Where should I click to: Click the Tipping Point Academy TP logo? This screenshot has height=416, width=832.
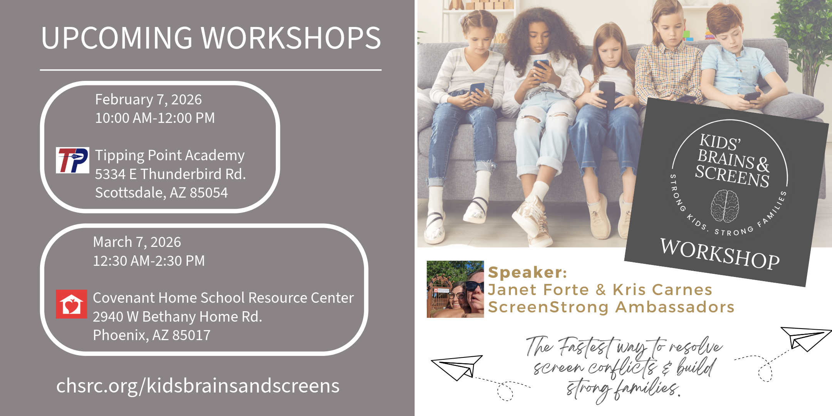[x=72, y=160]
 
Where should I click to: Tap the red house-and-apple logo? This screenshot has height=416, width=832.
[x=71, y=304]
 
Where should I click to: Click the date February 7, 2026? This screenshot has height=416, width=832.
[x=148, y=100]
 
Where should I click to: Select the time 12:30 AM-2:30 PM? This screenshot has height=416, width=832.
[x=149, y=261]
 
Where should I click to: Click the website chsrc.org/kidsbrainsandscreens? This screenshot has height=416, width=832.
[x=198, y=386]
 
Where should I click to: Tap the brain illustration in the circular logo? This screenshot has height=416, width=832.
[x=725, y=206]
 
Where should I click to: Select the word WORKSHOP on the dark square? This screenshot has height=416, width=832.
[x=720, y=253]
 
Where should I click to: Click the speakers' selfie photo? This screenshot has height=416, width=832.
[x=455, y=289]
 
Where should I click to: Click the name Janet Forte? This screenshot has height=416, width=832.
[x=538, y=290]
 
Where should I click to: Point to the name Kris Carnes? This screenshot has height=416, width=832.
[x=663, y=290]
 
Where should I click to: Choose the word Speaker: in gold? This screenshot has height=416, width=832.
[x=527, y=272]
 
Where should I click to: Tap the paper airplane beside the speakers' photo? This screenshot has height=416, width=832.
[x=457, y=367]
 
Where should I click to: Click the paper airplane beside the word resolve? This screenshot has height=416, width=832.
[x=806, y=339]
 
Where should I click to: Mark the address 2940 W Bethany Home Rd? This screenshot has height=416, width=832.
[x=177, y=317]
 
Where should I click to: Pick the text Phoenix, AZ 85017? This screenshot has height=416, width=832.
[x=152, y=335]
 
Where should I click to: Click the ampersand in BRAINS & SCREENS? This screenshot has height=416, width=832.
[x=762, y=164]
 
